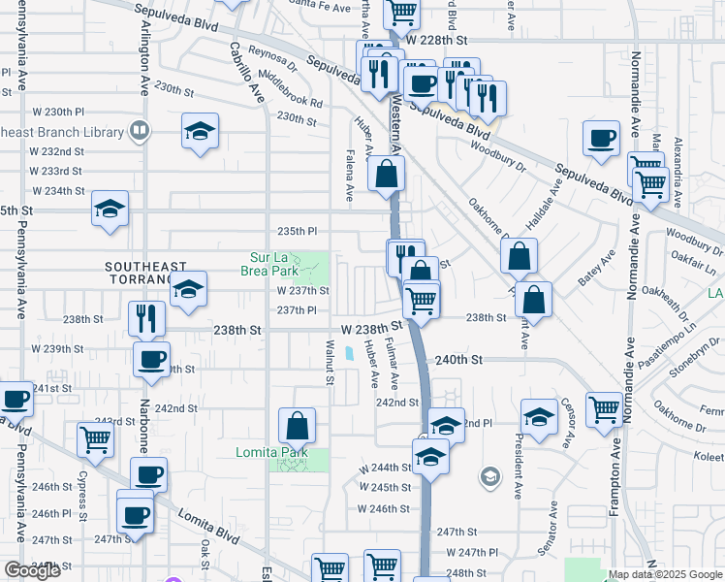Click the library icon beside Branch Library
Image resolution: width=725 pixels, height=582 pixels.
pos(140,131)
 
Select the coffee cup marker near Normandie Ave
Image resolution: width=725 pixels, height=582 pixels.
pos(602,138)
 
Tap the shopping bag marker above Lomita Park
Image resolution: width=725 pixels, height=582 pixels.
pos(297,425)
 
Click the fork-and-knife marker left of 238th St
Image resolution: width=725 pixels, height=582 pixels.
pos(146,317)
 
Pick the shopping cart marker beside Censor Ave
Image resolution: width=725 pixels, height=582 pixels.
pos(604,409)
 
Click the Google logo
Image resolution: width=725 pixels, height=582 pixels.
pos(32,570)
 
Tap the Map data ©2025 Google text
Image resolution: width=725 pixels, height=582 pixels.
pos(666,574)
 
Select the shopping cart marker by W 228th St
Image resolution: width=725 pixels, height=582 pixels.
pos(400,12)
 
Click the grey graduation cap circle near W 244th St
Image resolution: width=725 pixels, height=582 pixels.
pos(490,476)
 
